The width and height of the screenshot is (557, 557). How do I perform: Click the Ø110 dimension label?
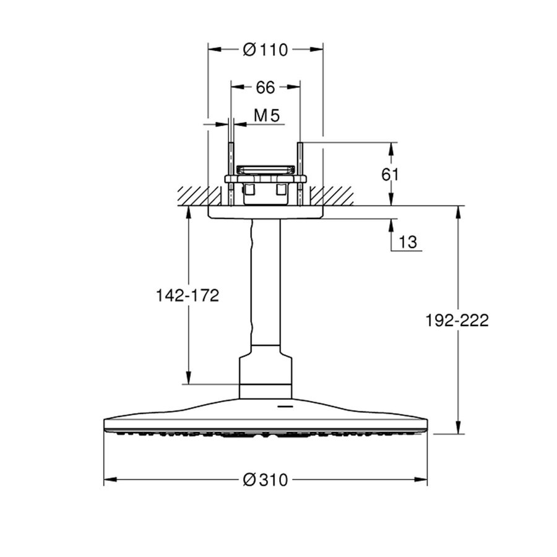pyautogui.click(x=266, y=50)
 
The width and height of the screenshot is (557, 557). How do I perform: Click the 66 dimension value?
pyautogui.click(x=265, y=87)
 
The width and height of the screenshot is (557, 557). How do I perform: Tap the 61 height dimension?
pyautogui.click(x=390, y=175)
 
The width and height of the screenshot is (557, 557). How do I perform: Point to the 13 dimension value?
pyautogui.click(x=408, y=241)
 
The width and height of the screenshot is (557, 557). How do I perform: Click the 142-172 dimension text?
pyautogui.click(x=188, y=296)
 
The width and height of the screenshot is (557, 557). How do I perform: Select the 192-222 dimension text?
pyautogui.click(x=457, y=320)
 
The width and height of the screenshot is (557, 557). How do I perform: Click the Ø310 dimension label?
pyautogui.click(x=266, y=480)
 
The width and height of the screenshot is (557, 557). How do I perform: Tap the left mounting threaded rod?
pyautogui.click(x=231, y=173)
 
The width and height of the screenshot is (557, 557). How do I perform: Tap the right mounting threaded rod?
pyautogui.click(x=300, y=173)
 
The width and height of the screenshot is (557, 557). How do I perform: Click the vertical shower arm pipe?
pyautogui.click(x=266, y=285)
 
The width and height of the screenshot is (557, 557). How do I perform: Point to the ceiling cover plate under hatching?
pyautogui.click(x=266, y=212)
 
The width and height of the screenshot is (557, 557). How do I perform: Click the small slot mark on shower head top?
pyautogui.click(x=285, y=407)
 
